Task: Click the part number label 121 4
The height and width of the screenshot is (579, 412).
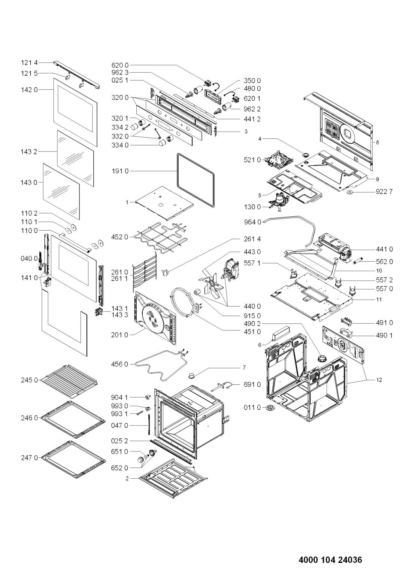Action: [x=29, y=63]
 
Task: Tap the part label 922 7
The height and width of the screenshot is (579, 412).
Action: [x=384, y=192]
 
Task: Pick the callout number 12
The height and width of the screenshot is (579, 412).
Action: [x=379, y=380]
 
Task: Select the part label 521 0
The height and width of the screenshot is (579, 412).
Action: [x=252, y=160]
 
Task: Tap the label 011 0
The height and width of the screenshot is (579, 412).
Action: [x=252, y=407]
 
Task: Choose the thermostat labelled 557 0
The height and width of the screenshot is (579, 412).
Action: [x=352, y=290]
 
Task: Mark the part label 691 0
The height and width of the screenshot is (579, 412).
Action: [x=252, y=385]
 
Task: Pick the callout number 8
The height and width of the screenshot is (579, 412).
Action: [x=377, y=143]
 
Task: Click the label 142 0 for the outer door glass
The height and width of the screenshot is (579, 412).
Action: [x=29, y=90]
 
